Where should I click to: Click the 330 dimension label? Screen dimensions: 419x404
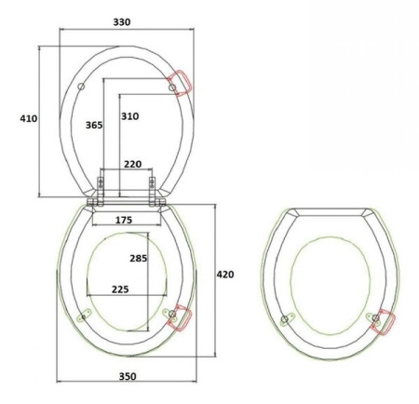point(122,22)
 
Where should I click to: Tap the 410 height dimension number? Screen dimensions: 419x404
point(29,118)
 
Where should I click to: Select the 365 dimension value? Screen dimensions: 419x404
point(94,125)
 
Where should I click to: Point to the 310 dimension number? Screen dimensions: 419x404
point(129,116)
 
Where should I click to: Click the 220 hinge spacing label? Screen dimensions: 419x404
point(133,164)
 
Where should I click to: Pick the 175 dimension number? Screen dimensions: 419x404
point(124,220)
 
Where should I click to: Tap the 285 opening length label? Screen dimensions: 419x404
point(139,258)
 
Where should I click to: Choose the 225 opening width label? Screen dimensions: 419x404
point(120,290)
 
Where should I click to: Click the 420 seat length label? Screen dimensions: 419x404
point(225,275)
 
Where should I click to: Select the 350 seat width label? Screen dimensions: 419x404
point(128,376)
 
